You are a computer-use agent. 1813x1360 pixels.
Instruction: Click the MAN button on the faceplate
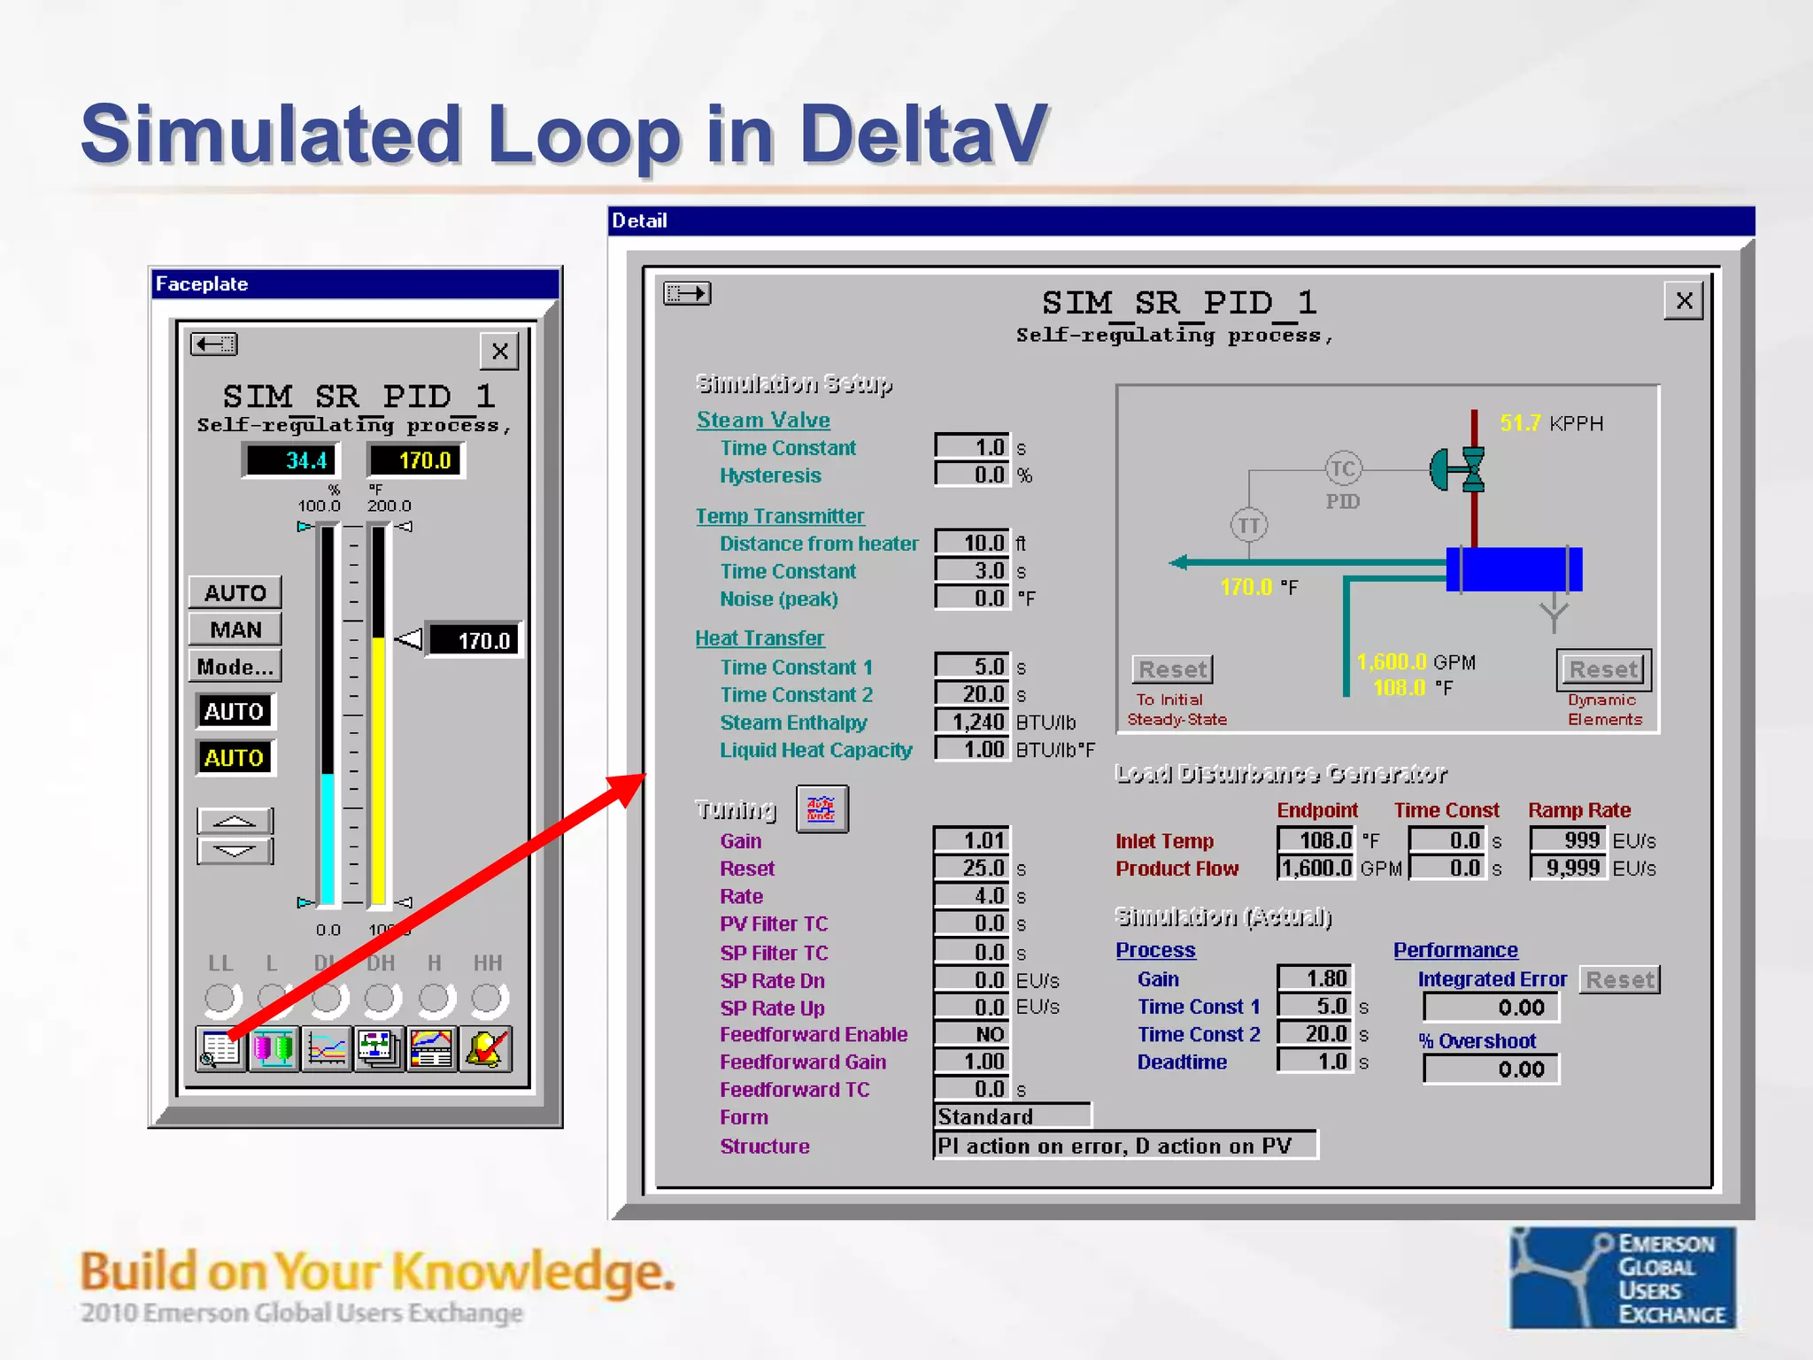235,630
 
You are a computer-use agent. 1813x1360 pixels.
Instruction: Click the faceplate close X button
499,352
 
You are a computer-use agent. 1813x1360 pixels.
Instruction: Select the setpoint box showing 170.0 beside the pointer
474,640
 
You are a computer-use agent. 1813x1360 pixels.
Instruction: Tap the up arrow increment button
235,821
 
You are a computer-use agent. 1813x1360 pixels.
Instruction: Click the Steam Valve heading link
763,420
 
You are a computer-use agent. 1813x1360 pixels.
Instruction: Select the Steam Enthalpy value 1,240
972,722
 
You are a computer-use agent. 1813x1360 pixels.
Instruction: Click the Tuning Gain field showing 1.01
972,840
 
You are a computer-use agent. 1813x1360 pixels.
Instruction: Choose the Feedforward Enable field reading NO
972,1034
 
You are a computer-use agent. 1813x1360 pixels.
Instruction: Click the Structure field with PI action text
1124,1146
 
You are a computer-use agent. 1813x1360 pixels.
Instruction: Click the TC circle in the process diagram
1343,468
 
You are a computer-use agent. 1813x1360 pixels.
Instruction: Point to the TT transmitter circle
1249,525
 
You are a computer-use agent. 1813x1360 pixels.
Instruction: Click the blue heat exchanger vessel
1515,569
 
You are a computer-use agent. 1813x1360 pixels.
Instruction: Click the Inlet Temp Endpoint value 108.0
1315,840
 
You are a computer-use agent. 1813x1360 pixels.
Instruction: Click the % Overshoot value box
1491,1070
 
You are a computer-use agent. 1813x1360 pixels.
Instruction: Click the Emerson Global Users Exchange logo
1622,1277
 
